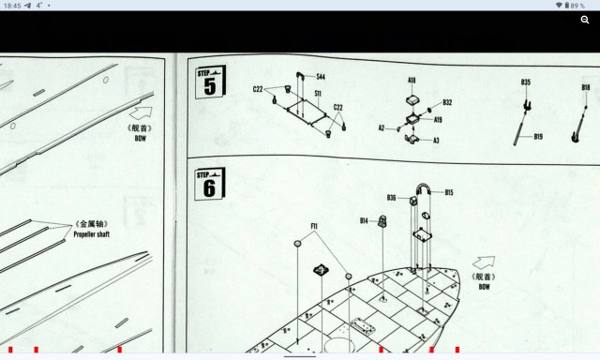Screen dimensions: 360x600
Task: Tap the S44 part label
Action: pyautogui.click(x=321, y=77)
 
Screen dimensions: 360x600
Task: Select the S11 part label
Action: pyautogui.click(x=319, y=94)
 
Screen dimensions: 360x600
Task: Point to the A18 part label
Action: pyautogui.click(x=412, y=82)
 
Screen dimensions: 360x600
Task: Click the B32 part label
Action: pyautogui.click(x=447, y=103)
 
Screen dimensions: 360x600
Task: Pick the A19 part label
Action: pyautogui.click(x=438, y=120)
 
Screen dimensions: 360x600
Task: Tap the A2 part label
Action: pyautogui.click(x=382, y=128)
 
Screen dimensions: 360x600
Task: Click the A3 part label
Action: pyautogui.click(x=436, y=141)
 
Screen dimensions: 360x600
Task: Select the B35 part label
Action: pyautogui.click(x=526, y=82)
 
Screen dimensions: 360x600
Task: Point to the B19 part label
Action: pyautogui.click(x=538, y=137)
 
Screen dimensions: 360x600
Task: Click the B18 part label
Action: pyautogui.click(x=585, y=87)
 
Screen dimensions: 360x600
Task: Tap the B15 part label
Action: pyautogui.click(x=449, y=193)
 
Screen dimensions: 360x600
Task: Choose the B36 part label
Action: pyautogui.click(x=391, y=198)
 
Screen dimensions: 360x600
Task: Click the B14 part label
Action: pyautogui.click(x=364, y=221)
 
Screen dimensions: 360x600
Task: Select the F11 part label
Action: pyautogui.click(x=315, y=226)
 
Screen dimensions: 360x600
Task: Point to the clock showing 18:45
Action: pyautogui.click(x=13, y=6)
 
